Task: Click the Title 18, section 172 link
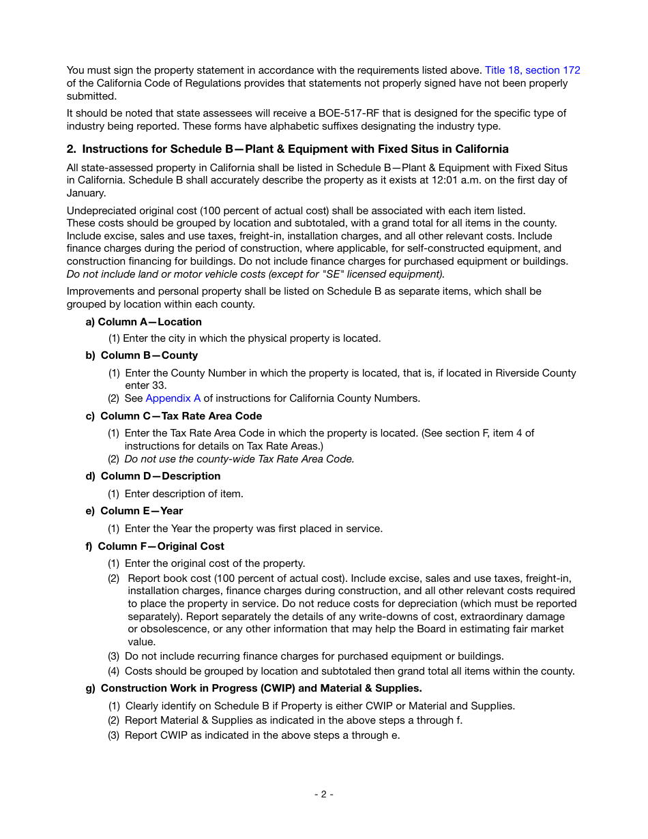(532, 70)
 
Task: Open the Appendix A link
(173, 398)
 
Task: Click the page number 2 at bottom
(323, 794)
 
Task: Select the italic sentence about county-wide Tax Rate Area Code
(239, 459)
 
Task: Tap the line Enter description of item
(183, 494)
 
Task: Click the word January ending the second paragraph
(85, 193)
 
